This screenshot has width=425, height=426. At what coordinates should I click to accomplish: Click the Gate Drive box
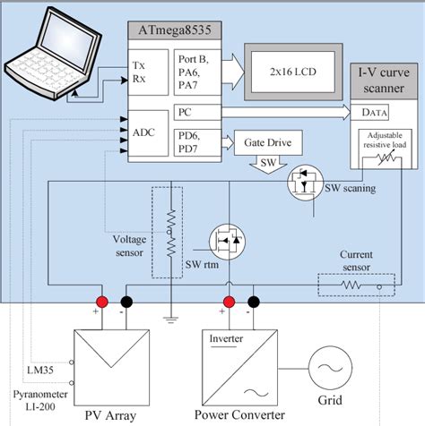tap(262, 142)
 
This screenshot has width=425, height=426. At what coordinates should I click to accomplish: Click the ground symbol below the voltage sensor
tap(167, 319)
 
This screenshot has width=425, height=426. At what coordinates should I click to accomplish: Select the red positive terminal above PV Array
tap(103, 301)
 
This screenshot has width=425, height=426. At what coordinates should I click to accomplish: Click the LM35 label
tap(39, 370)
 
